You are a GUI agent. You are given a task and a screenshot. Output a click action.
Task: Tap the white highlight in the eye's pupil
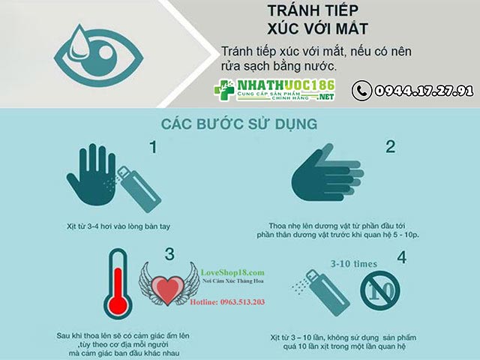[x=106, y=52]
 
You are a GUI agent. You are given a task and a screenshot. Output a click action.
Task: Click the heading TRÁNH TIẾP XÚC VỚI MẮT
[x=317, y=19]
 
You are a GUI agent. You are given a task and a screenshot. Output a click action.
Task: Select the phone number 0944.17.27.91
[x=424, y=91]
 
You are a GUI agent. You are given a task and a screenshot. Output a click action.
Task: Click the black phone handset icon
[x=361, y=91]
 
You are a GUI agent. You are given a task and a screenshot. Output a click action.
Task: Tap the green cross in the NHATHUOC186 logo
[x=224, y=90]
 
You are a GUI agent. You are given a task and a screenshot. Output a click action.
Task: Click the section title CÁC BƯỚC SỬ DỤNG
[x=239, y=124]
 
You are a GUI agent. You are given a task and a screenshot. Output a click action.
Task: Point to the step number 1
[x=153, y=147]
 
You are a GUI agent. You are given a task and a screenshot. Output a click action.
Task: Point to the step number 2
[x=390, y=147]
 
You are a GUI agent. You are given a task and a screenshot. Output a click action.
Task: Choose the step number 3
[x=169, y=254]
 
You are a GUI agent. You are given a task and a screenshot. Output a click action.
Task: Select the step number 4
[x=402, y=257]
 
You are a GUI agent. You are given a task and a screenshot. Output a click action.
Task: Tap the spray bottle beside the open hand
[x=139, y=189]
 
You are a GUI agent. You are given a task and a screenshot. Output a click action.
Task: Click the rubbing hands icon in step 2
[x=327, y=174]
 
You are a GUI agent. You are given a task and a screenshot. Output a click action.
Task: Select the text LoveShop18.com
[x=232, y=272]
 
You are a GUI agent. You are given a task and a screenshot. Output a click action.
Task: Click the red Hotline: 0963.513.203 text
[x=227, y=302]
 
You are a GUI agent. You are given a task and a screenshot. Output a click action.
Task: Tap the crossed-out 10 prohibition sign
[x=380, y=289]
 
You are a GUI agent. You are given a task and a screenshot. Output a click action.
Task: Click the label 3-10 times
[x=354, y=264]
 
